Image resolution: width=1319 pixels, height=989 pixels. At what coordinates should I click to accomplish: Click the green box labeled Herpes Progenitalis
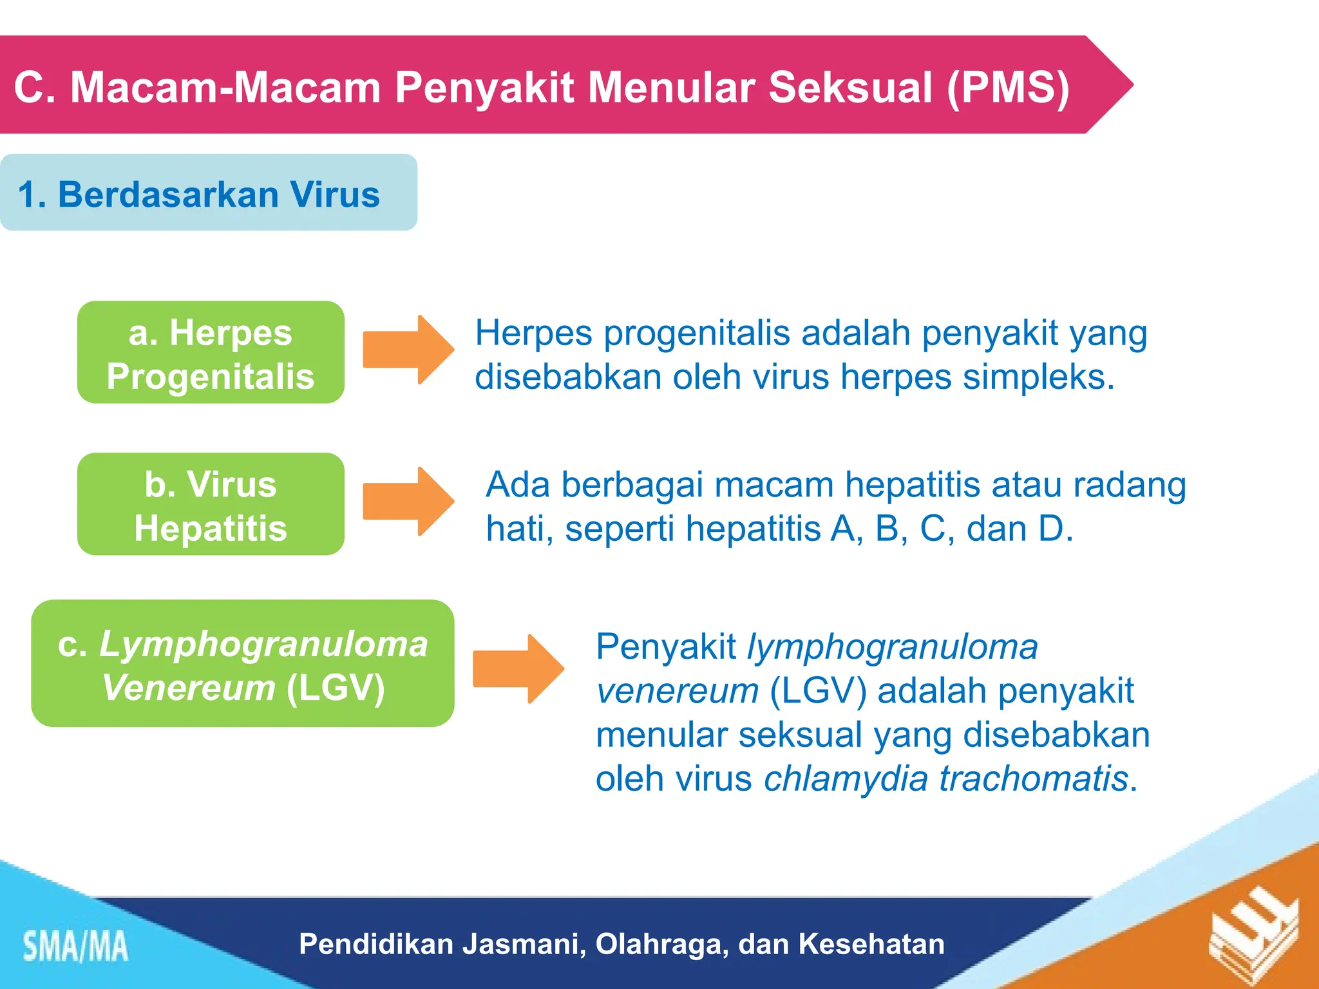click(x=211, y=352)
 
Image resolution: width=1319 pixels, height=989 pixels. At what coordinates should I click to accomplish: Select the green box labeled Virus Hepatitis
click(x=211, y=504)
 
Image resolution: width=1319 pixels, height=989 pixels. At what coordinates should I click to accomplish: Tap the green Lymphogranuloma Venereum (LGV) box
click(x=242, y=663)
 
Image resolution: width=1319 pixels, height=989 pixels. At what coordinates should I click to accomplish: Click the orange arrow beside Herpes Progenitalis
click(x=408, y=350)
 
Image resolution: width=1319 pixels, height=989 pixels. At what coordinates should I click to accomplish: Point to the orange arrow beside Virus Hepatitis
click(x=408, y=502)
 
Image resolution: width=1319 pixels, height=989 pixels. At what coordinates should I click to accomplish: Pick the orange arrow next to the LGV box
click(x=518, y=668)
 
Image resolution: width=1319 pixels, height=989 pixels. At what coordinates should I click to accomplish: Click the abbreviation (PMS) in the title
click(x=1008, y=87)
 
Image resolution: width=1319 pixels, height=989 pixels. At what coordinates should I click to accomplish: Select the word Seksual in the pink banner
click(x=850, y=87)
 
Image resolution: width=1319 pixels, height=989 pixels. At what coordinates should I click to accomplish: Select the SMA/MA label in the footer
click(x=76, y=947)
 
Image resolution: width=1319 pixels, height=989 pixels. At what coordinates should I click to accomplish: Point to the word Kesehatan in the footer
click(x=871, y=944)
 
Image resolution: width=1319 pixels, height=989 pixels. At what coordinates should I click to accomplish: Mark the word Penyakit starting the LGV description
click(x=666, y=646)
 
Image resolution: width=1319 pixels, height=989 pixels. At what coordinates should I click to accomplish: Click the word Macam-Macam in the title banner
click(x=225, y=87)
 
